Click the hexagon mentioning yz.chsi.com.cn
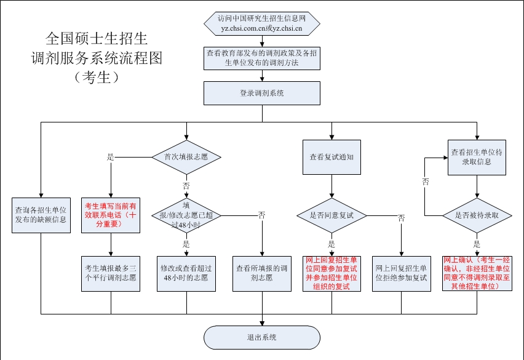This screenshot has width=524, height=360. coord(262,23)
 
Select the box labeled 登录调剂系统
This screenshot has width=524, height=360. coord(262,94)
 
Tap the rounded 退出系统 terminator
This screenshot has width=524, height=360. coord(262,338)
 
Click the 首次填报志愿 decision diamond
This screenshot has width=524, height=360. coord(186,157)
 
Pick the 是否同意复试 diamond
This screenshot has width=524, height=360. coord(332,215)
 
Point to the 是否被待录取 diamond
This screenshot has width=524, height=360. coord(477,215)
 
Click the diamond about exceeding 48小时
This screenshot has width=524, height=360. coord(186,215)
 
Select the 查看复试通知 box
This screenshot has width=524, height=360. coord(332,157)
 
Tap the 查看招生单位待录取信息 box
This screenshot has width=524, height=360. coord(477,158)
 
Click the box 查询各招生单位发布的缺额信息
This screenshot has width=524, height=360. coord(41,215)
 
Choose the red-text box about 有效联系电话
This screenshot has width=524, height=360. coord(111,215)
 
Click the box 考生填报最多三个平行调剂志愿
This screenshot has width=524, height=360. coord(111,274)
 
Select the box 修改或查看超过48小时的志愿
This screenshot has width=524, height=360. coord(186,274)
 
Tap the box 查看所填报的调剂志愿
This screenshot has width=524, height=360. coord(262,274)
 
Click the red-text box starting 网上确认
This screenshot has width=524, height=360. coord(477,273)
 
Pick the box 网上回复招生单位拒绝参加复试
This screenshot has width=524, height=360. coord(402,274)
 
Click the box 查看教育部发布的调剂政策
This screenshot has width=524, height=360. coord(262,58)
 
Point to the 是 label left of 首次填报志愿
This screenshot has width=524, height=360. coord(111,157)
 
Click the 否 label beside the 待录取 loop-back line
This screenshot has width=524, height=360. coord(426,182)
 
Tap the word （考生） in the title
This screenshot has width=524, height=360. coord(97,77)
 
